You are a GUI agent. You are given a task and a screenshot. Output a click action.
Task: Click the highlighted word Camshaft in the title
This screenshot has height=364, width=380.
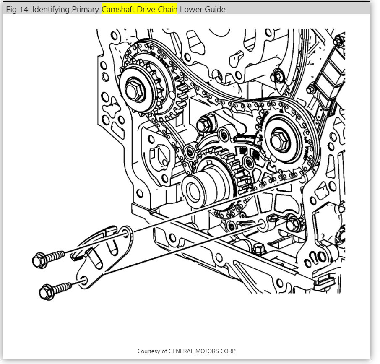119,9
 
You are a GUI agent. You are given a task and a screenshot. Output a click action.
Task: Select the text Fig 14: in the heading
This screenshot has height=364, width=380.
18,9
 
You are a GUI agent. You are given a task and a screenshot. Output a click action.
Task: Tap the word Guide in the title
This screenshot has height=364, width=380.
215,9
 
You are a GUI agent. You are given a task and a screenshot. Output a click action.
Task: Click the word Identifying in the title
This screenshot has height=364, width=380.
52,9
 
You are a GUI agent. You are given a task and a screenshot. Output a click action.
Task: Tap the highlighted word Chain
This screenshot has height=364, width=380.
168,9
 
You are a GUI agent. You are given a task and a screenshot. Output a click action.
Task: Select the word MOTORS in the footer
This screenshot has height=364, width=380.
210,351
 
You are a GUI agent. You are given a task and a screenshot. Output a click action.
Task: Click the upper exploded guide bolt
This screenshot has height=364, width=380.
48,257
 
